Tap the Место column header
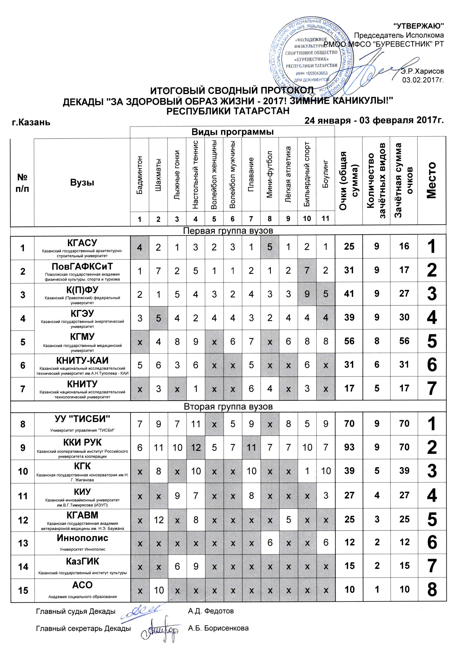pos(431,180)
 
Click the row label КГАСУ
pos(82,243)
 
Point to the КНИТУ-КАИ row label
pos(82,360)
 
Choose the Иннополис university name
pos(82,537)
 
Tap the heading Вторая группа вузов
pos(228,407)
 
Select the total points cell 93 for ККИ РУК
pos(349,447)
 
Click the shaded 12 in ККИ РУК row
pos(196,448)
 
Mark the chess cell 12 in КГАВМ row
pos(159,520)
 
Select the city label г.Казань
pos(31,122)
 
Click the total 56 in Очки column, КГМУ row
pos(349,341)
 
